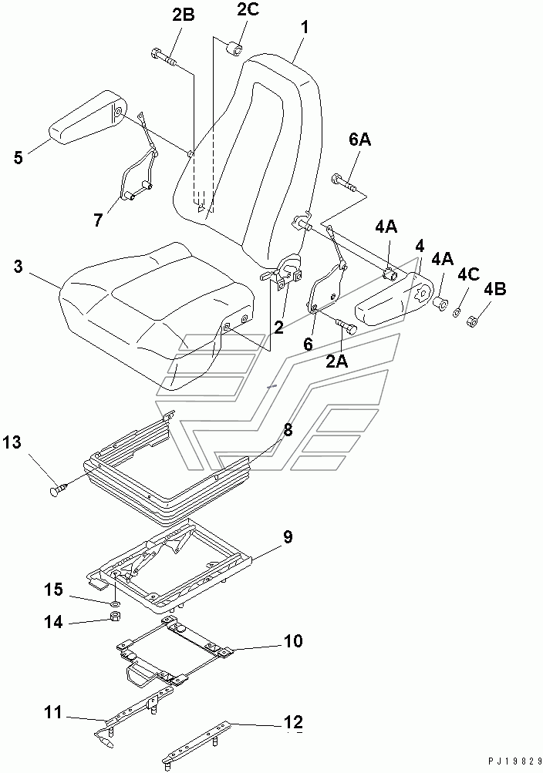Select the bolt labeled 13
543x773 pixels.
[x=60, y=487]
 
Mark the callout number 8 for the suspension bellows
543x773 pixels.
[x=287, y=431]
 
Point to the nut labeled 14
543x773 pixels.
[x=112, y=617]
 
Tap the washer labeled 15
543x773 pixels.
[x=113, y=600]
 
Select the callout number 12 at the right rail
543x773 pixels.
[x=292, y=722]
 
